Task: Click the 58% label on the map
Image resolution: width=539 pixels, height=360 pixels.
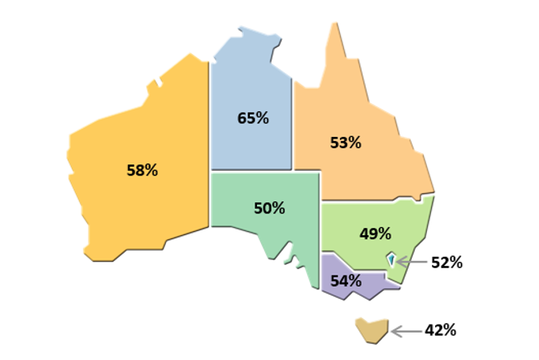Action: [x=142, y=170]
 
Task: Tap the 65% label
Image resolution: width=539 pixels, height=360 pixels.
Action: [x=253, y=118]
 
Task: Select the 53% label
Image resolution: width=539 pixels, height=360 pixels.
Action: [x=346, y=143]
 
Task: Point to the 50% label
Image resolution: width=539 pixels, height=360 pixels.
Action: [x=269, y=208]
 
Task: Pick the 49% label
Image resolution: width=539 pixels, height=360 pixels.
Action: [x=375, y=234]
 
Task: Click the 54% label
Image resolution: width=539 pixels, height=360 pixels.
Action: [x=345, y=280]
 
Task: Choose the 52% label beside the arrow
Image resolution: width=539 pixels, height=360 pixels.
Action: [x=446, y=263]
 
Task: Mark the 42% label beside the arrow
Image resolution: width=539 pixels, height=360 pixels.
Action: [x=440, y=330]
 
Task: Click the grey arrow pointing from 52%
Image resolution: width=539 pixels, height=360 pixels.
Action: [x=411, y=263]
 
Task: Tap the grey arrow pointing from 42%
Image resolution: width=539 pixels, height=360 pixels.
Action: [x=404, y=330]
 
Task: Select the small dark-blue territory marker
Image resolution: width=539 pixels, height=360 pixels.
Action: [x=392, y=260]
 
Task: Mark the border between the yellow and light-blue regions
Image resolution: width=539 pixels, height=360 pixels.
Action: [x=209, y=121]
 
